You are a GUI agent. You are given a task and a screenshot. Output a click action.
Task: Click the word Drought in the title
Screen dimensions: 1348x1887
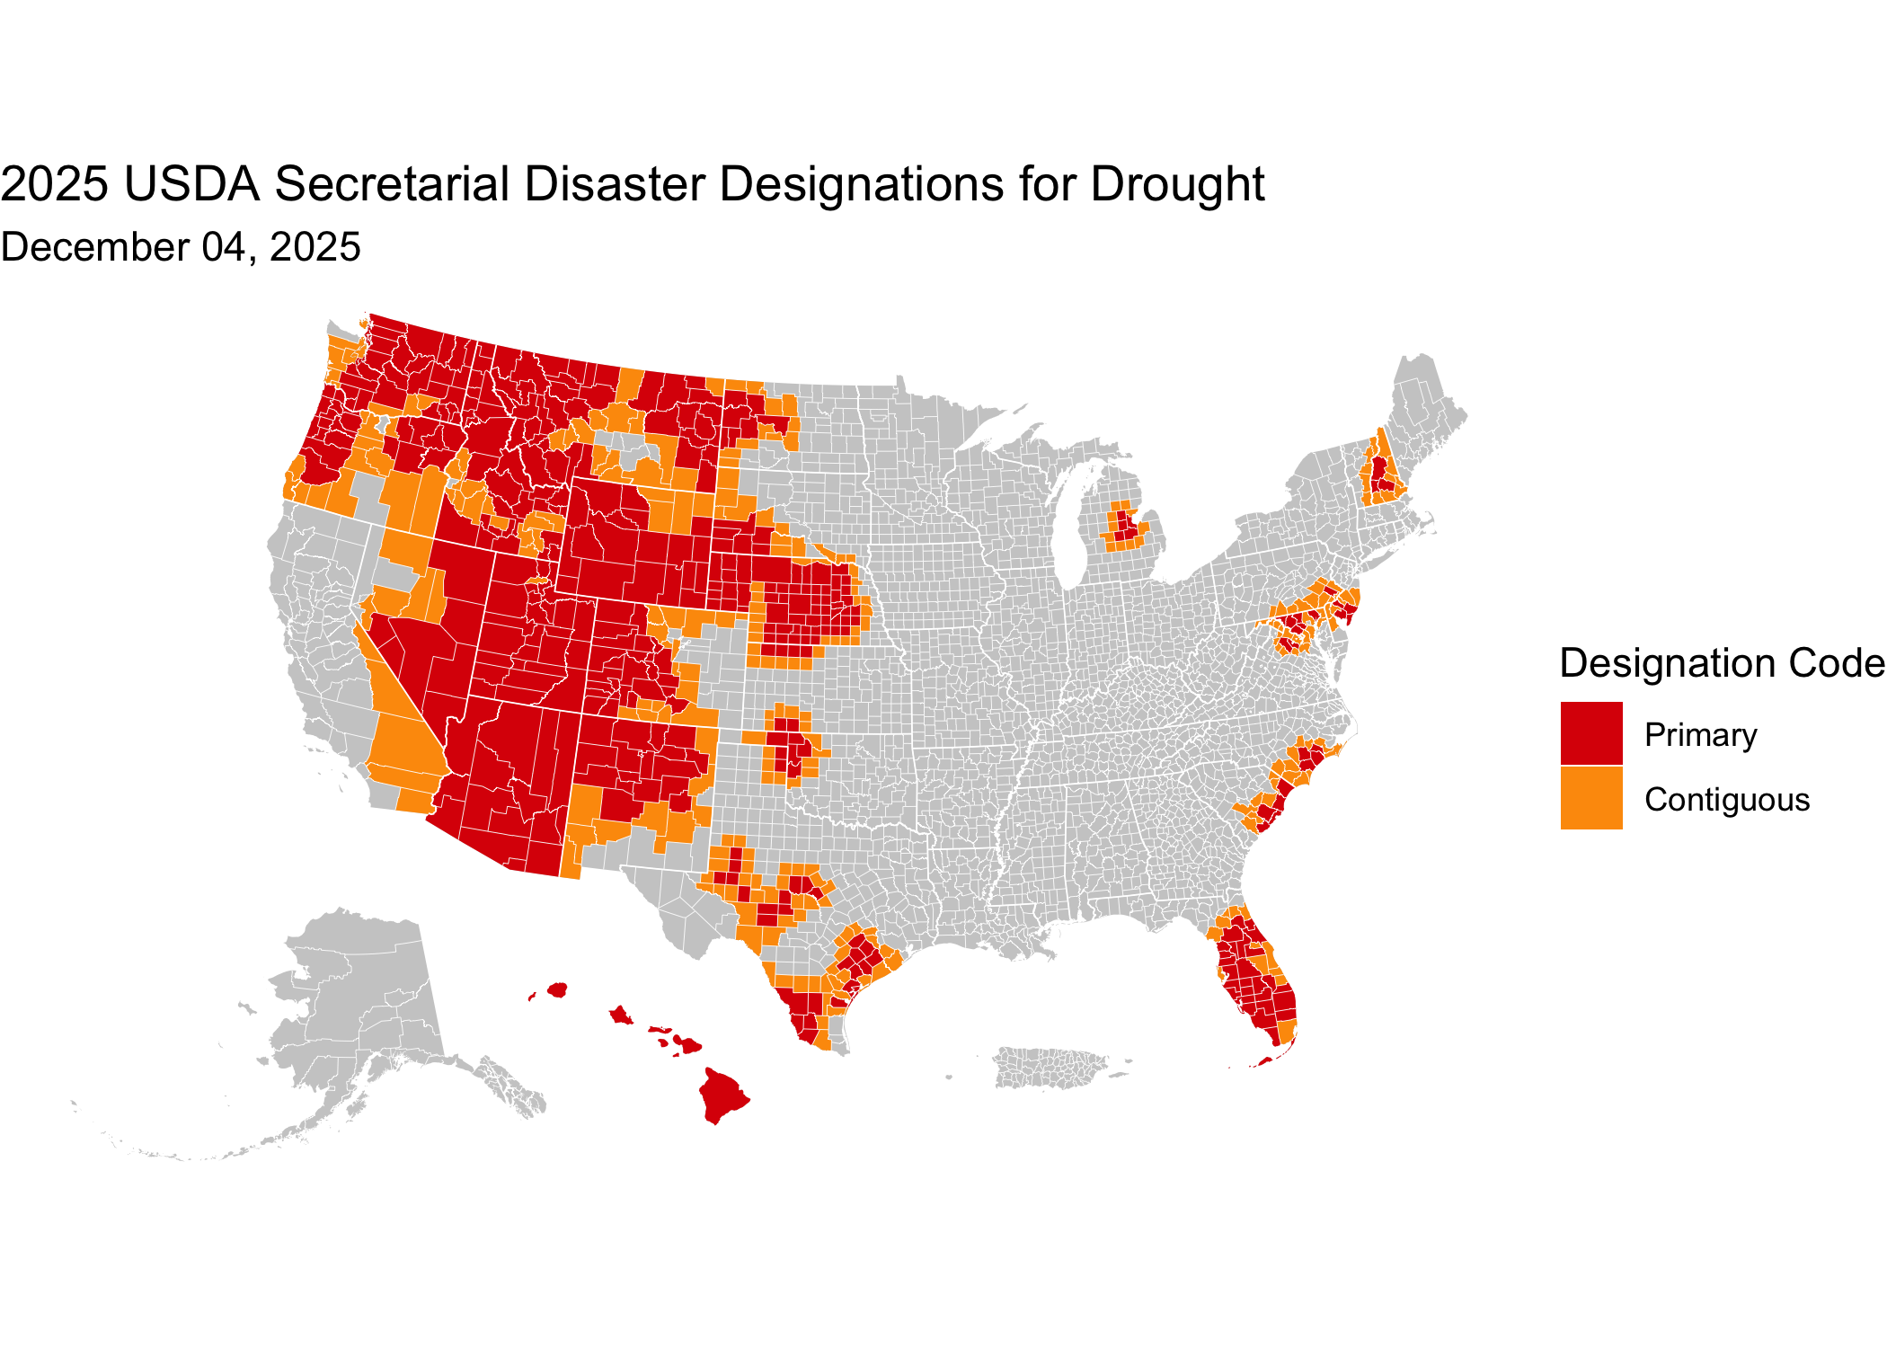tap(1177, 184)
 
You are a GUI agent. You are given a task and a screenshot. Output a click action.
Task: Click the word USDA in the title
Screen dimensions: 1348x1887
tap(191, 184)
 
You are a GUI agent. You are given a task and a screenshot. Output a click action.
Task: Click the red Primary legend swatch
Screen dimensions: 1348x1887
tap(1591, 733)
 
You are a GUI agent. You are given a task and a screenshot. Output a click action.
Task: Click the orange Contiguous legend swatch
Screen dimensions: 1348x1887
tap(1591, 798)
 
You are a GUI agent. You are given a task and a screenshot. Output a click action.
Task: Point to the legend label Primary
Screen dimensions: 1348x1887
tap(1700, 735)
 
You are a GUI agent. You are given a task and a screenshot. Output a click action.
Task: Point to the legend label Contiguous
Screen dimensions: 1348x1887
tap(1726, 800)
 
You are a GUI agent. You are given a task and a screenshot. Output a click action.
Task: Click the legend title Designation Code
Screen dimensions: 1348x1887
tap(1721, 663)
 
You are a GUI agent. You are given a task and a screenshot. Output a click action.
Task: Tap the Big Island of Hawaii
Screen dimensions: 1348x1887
tap(722, 1094)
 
